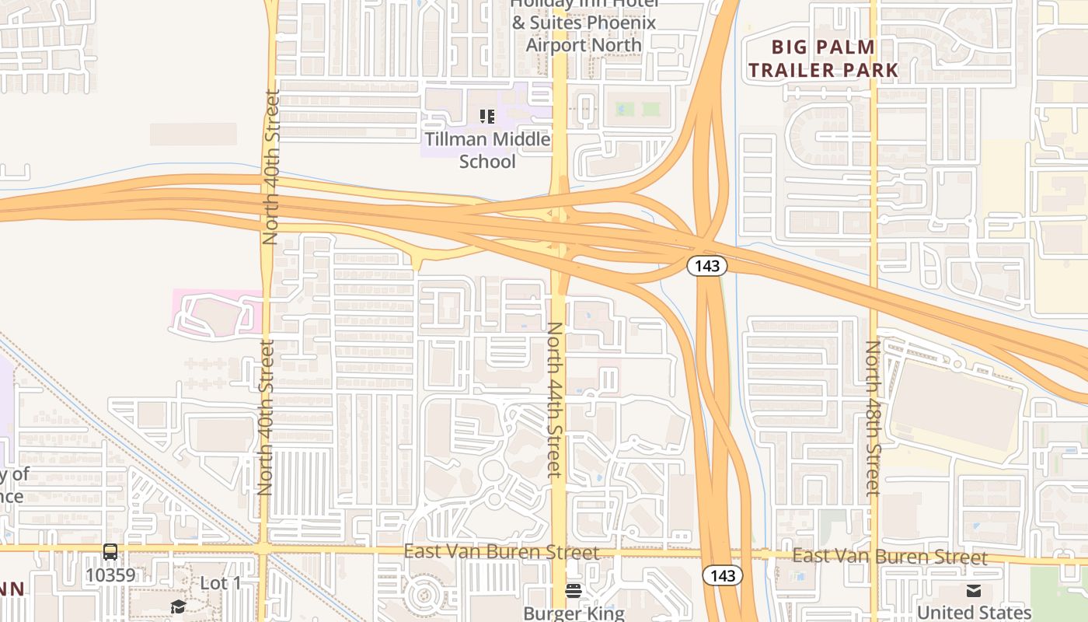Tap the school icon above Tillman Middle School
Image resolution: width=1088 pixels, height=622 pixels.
point(487,117)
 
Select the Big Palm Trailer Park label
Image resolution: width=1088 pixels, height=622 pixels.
point(823,58)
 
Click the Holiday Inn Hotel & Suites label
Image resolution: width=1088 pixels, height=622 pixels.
point(584,23)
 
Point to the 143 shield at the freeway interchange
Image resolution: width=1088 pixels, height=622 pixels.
point(706,266)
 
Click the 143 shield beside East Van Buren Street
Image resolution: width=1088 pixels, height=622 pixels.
point(722,575)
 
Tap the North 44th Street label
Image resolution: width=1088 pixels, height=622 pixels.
point(554,400)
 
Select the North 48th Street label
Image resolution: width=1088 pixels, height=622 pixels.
point(873,418)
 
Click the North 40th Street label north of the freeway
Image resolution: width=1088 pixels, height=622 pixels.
point(270,167)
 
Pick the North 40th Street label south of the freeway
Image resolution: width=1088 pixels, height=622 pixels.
point(265,418)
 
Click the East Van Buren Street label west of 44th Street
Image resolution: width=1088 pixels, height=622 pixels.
point(501,552)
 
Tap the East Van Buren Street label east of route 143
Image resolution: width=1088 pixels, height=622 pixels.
point(890,557)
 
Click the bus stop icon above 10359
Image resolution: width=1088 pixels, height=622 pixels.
point(110,552)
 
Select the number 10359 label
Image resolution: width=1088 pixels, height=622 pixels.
point(110,575)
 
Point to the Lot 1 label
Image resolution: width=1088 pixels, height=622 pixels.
point(220,583)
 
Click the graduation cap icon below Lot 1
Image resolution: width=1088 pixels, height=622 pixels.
point(178,606)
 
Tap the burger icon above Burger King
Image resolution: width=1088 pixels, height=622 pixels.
point(574,590)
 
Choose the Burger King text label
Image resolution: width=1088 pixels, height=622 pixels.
point(574,613)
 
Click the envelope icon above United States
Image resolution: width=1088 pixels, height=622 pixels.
point(973,591)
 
